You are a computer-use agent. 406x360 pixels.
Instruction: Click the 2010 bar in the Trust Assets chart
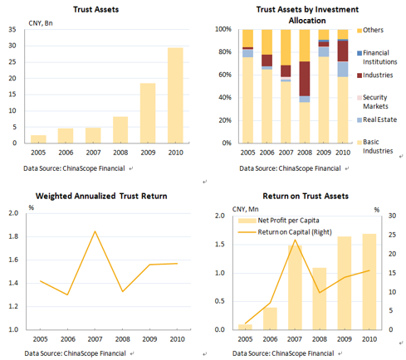175,95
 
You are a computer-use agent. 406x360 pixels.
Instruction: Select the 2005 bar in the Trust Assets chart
38,139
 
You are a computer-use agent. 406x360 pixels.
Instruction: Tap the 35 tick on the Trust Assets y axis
12,30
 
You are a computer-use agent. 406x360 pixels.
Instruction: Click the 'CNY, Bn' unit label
41,23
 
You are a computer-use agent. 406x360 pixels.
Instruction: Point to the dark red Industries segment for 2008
305,79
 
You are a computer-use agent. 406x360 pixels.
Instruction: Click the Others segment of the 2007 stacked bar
286,47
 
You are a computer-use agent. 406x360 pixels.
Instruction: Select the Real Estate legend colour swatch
360,120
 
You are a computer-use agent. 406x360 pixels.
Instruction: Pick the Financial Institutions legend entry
377,57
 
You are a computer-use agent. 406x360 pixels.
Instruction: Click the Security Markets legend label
375,102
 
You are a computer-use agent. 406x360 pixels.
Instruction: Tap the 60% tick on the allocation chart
225,75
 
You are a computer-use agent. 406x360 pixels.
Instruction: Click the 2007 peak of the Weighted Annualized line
95,231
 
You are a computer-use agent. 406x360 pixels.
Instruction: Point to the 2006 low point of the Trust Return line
67,294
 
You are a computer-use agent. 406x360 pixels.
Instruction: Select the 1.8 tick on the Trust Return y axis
13,236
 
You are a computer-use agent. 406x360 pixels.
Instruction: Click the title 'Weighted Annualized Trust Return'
101,196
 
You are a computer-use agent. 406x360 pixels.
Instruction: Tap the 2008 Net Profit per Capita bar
320,299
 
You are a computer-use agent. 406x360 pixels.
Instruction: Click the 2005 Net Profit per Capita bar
245,327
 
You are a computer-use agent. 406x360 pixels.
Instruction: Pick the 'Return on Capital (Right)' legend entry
285,232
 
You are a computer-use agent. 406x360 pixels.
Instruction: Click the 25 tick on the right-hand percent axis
392,235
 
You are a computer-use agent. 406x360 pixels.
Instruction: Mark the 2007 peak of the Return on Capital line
295,240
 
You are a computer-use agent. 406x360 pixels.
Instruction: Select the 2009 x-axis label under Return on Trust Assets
345,339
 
